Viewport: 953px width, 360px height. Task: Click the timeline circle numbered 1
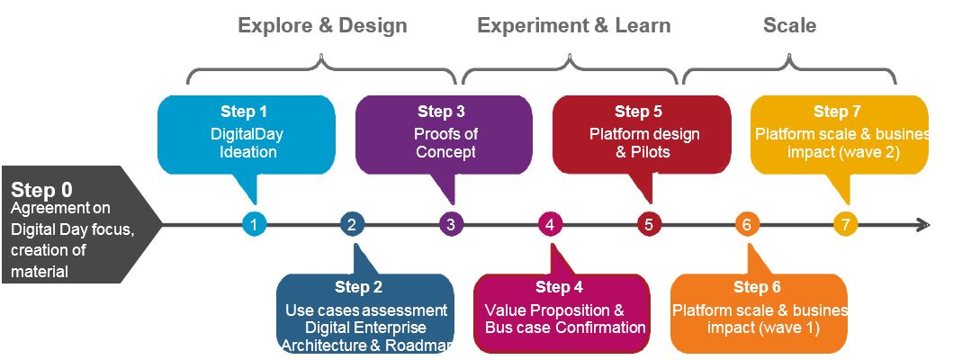click(x=255, y=224)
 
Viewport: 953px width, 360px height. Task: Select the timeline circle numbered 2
click(x=353, y=224)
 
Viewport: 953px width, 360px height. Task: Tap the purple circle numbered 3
click(x=451, y=224)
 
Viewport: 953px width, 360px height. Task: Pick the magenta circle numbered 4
click(x=550, y=224)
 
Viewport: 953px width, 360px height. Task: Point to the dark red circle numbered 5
click(x=648, y=224)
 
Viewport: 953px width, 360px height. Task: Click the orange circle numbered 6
click(x=746, y=224)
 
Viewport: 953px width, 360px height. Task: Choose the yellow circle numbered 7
click(x=844, y=224)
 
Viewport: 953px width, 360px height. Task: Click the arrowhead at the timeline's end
click(x=922, y=224)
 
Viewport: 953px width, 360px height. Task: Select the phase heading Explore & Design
click(x=322, y=25)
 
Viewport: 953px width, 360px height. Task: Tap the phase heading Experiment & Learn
click(x=573, y=25)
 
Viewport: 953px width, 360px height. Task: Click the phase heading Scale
click(x=789, y=25)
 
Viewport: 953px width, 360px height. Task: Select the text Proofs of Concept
click(x=446, y=143)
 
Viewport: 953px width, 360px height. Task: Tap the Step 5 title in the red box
click(x=638, y=112)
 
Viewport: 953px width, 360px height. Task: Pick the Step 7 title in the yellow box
click(x=837, y=112)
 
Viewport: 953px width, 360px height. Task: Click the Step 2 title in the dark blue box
click(x=358, y=288)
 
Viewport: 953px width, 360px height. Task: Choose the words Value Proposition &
click(x=560, y=309)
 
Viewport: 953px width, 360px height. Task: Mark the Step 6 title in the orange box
click(x=757, y=288)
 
